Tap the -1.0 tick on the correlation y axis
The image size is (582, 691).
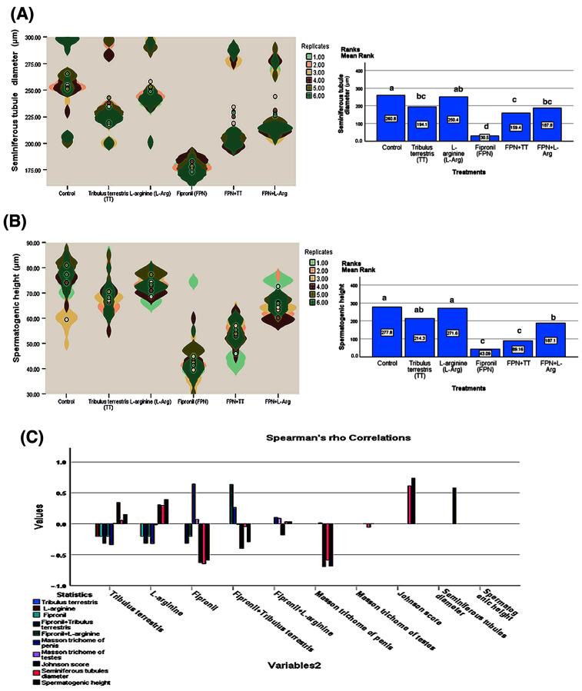click(x=83, y=586)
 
